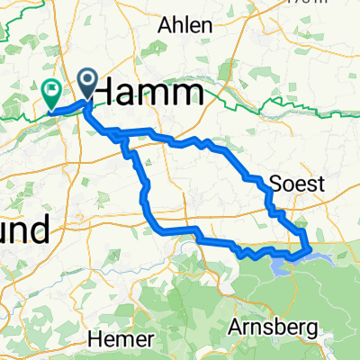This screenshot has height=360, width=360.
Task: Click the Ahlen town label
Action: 185,25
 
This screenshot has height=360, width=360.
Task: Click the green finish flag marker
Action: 51,93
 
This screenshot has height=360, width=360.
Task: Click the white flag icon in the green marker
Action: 51,89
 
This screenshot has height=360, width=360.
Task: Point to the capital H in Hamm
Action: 106,92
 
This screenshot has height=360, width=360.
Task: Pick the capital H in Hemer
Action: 96,339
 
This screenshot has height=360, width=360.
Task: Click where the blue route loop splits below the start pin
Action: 117,136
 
